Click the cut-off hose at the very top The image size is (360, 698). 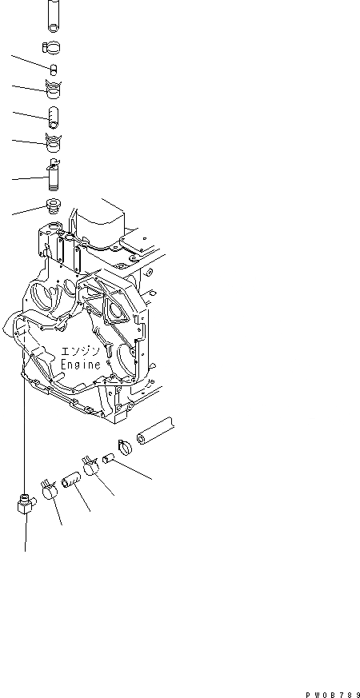[54, 15]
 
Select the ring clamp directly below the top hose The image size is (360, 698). [52, 47]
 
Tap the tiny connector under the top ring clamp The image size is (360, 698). [54, 70]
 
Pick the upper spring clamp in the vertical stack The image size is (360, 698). [54, 90]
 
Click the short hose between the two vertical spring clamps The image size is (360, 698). [54, 117]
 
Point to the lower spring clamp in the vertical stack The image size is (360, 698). [54, 142]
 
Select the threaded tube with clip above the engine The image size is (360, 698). [53, 175]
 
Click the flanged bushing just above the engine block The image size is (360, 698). [53, 206]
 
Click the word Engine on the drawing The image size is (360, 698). [81, 365]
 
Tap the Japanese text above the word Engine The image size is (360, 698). [79, 350]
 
